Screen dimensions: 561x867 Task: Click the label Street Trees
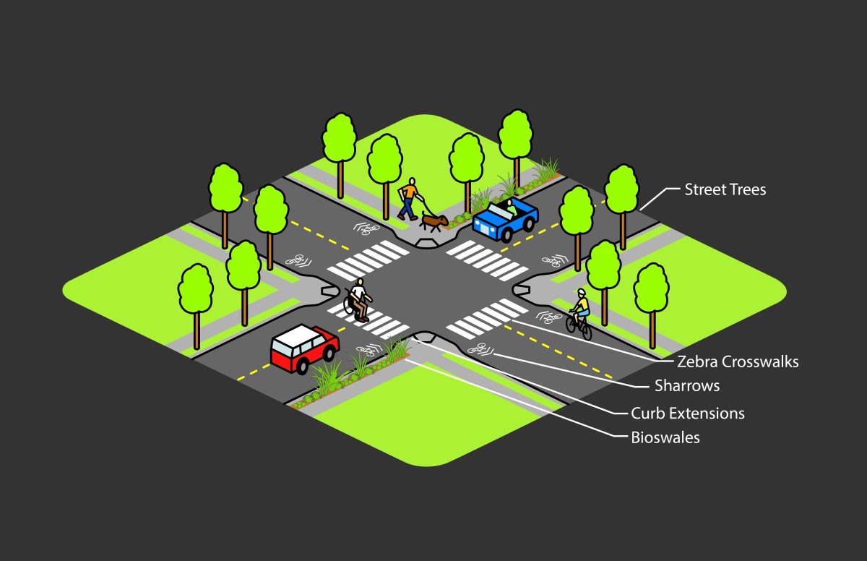725,190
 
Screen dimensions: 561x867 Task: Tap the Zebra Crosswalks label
738,361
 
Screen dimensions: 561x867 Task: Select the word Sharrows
686,385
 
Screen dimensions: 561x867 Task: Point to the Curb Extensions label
687,414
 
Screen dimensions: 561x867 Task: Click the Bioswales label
665,437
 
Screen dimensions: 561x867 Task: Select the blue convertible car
505,218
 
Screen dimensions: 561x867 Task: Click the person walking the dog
409,198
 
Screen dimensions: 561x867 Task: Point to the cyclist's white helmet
581,293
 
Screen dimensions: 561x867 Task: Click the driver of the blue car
511,208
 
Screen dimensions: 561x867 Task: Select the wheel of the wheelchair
350,306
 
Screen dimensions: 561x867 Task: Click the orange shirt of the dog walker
410,192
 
